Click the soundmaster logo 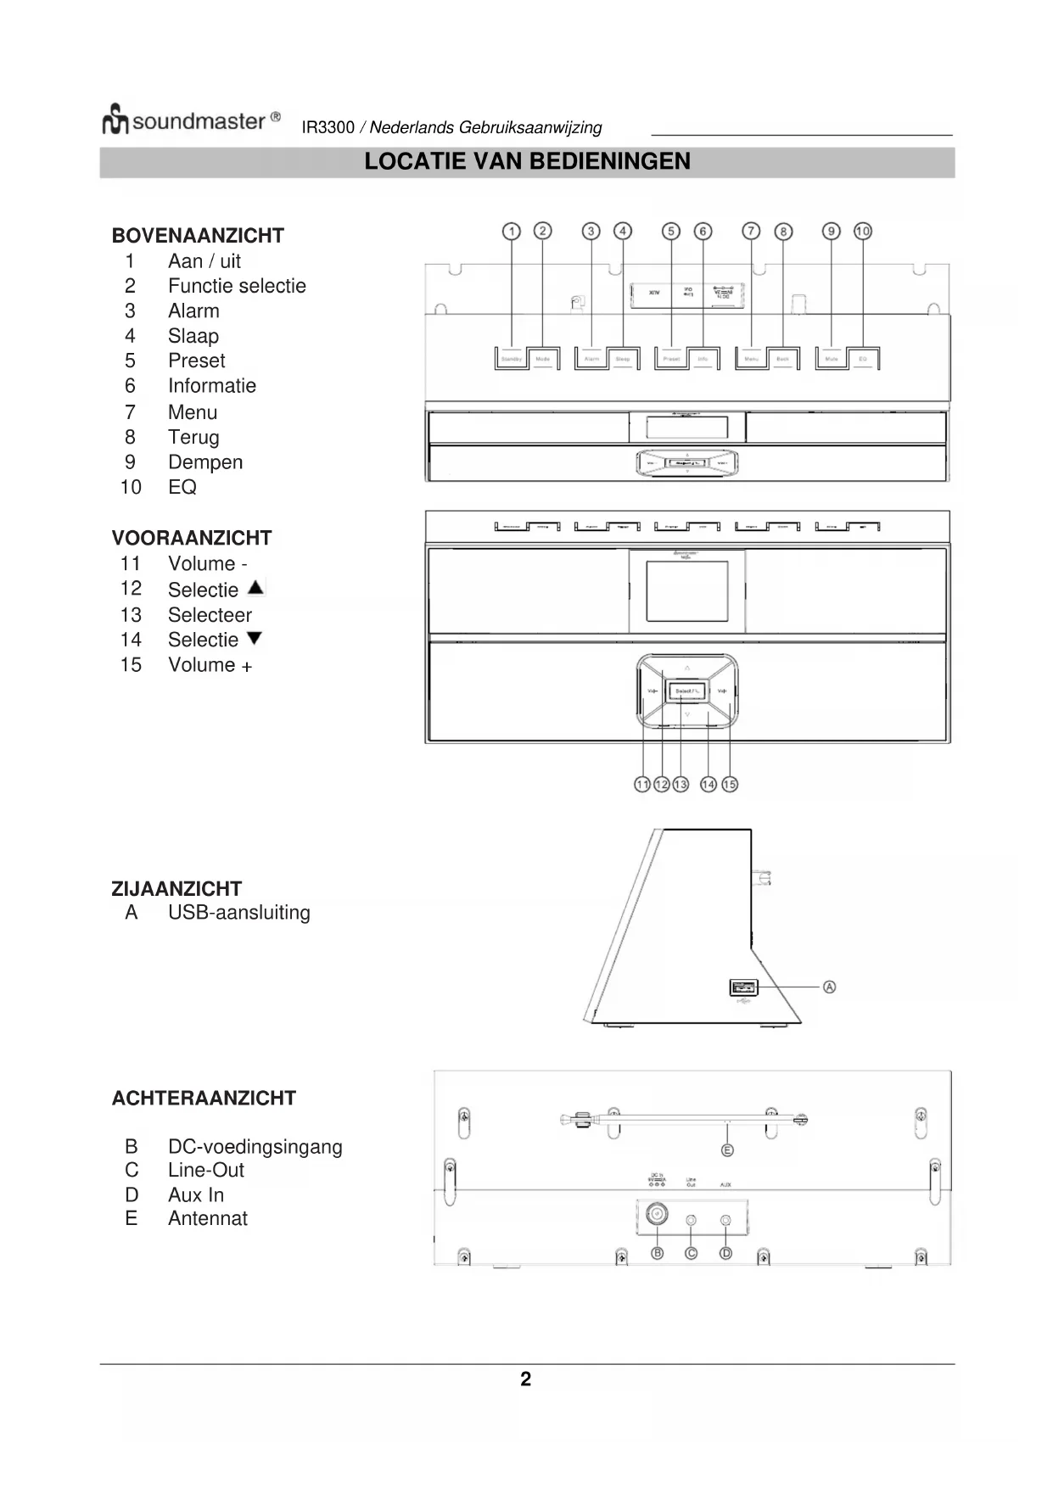tap(191, 120)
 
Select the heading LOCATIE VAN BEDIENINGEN tap(527, 161)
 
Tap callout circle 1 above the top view tap(511, 232)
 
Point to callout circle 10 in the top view tap(863, 232)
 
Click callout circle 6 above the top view tap(703, 232)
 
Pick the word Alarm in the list tap(193, 311)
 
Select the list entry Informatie tap(211, 386)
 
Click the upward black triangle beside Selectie tap(255, 587)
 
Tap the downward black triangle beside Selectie tap(254, 638)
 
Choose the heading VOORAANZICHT tap(192, 538)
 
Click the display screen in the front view tap(686, 590)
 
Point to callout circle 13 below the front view tap(681, 785)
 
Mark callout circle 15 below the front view tap(730, 785)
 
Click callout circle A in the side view tap(830, 987)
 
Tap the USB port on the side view tap(742, 987)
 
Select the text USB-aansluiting tap(238, 913)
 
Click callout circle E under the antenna tap(727, 1150)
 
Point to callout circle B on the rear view tap(657, 1253)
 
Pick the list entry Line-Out tap(206, 1171)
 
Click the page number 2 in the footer tap(526, 1379)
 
